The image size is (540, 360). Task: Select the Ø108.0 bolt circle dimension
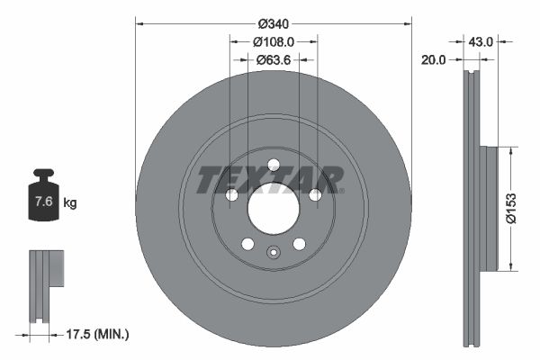pyautogui.click(x=273, y=42)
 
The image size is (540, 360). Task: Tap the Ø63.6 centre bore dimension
pyautogui.click(x=273, y=60)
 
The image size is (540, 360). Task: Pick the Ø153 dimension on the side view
pyautogui.click(x=510, y=207)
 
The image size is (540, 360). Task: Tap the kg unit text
pyautogui.click(x=70, y=203)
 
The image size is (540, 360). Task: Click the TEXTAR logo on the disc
pyautogui.click(x=270, y=180)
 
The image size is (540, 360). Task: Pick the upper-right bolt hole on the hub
pyautogui.click(x=315, y=195)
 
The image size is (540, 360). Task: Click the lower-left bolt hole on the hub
pyautogui.click(x=247, y=244)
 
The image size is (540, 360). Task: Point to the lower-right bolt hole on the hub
pyautogui.click(x=299, y=244)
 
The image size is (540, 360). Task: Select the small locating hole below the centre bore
pyautogui.click(x=272, y=253)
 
